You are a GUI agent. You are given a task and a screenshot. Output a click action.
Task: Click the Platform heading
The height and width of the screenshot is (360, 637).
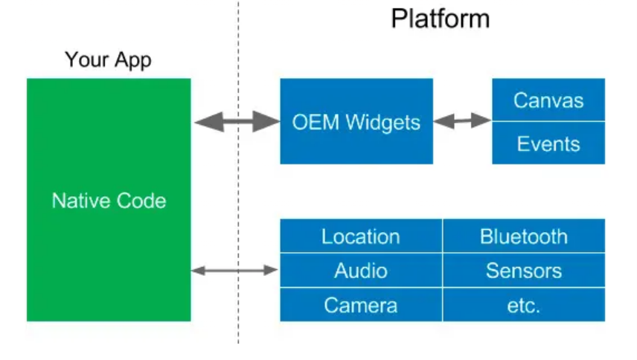coord(441,18)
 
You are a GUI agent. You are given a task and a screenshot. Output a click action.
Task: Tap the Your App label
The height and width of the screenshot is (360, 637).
coord(108,60)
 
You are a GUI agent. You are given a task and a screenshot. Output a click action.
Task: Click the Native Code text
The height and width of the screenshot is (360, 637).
coord(109,200)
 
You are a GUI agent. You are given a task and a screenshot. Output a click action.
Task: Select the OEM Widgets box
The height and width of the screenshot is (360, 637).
coord(356,121)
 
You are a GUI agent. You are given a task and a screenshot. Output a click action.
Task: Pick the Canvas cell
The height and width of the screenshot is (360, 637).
coord(548,100)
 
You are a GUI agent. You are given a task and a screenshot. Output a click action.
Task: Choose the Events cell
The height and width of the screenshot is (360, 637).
coord(548,143)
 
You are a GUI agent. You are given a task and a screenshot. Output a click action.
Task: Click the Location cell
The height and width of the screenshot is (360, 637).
coord(360,237)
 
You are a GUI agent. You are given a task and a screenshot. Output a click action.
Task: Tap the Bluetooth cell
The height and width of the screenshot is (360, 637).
coord(523,237)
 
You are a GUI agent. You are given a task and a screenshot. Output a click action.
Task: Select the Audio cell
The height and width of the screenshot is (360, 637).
coord(360,271)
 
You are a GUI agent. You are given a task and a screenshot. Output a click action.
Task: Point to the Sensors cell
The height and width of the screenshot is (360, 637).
coord(523,271)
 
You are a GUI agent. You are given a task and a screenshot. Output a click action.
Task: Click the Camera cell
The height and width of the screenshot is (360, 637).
coord(360,305)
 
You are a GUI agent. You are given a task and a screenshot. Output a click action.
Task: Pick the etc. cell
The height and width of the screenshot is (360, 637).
coord(523,305)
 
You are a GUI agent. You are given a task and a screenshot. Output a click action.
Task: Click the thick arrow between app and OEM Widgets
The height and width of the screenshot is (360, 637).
coord(236,120)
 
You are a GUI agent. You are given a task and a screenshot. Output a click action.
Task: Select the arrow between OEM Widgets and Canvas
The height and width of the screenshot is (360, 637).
coord(462,120)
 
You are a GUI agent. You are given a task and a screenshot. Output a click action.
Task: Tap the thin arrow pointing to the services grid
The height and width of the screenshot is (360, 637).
coord(235,271)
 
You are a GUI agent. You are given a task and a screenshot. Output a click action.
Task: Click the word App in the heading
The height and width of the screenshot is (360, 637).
coord(133,60)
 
